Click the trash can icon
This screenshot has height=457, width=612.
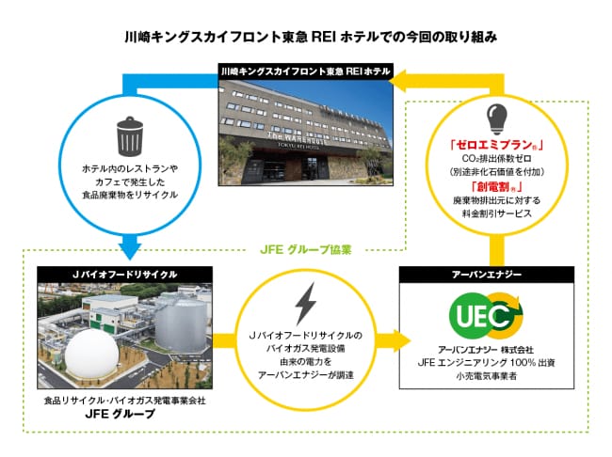(130, 136)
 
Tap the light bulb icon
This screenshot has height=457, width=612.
(496, 118)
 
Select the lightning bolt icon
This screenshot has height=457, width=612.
(306, 304)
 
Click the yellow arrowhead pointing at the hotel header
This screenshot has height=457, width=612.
(398, 80)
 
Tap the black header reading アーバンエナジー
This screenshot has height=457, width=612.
(487, 275)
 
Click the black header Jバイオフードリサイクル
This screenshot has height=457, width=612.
(125, 275)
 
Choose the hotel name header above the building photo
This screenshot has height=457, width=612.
(306, 71)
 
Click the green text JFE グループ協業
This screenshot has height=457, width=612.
(306, 249)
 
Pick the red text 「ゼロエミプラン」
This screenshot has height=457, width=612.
(496, 145)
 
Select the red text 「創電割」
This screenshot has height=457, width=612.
(496, 187)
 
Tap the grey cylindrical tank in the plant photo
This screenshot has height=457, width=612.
(182, 325)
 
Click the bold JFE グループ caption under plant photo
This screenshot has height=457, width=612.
(121, 414)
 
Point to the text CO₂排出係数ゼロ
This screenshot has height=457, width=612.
(496, 159)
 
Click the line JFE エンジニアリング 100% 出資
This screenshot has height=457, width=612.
(487, 363)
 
